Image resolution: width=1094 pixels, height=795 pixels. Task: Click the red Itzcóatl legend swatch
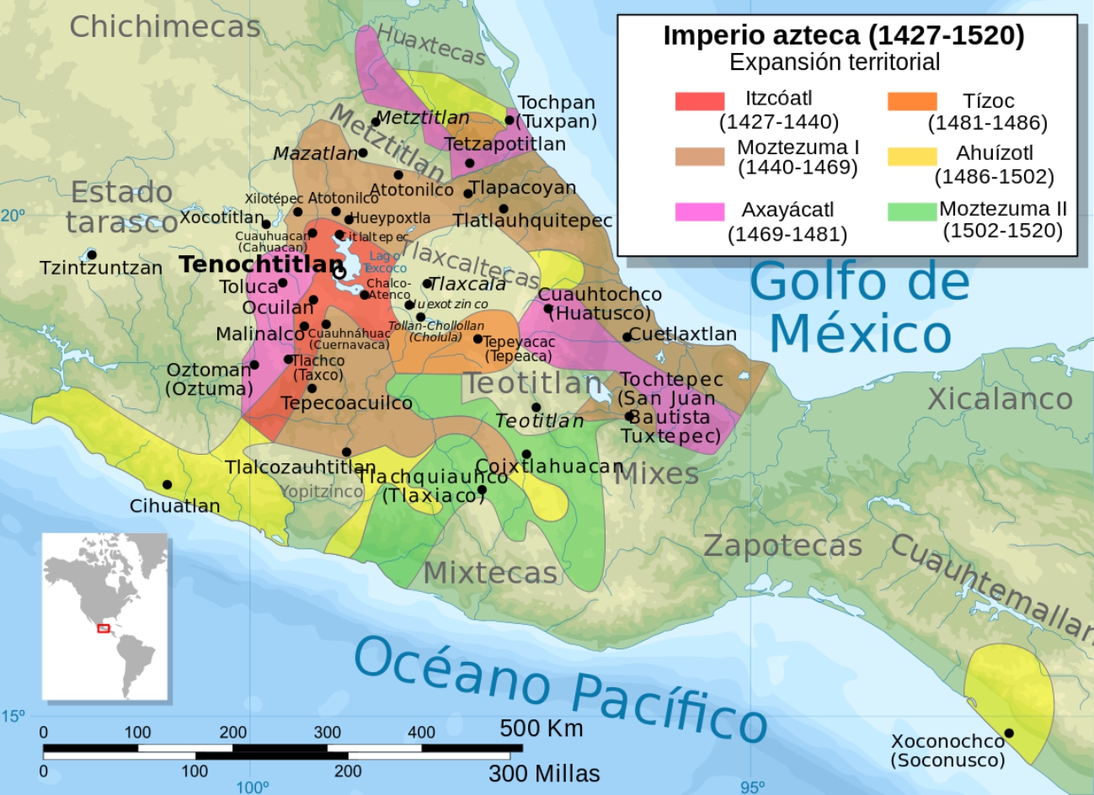(x=699, y=101)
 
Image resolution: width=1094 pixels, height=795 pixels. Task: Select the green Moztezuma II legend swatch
(x=911, y=211)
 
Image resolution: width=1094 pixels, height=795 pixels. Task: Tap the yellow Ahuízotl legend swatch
(x=911, y=156)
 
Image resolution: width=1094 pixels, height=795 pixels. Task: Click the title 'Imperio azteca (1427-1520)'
(x=843, y=35)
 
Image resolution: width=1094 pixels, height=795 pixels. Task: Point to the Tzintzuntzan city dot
(x=92, y=254)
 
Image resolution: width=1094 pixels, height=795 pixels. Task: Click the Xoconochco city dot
(x=1009, y=733)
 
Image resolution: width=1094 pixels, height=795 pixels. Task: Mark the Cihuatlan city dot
(x=167, y=484)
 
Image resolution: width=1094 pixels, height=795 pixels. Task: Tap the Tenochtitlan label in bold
(x=261, y=264)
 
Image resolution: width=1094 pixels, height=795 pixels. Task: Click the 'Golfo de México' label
(x=859, y=307)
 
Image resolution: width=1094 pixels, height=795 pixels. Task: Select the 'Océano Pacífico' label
(x=560, y=686)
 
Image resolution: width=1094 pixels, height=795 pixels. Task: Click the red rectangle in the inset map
(x=104, y=628)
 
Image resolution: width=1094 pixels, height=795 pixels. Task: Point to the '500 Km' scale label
(x=541, y=728)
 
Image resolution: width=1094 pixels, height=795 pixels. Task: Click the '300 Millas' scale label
(x=544, y=773)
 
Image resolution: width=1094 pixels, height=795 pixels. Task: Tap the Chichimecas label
(x=164, y=27)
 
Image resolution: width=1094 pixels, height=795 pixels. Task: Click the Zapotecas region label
(x=782, y=546)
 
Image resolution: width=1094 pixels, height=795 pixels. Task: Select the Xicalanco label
(x=1000, y=398)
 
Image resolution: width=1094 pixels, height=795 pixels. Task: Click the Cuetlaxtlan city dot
(x=627, y=337)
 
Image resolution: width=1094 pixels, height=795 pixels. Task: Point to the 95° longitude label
(x=752, y=787)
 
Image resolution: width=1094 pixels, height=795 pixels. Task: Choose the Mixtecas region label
(x=490, y=573)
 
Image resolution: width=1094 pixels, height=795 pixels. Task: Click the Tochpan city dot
(x=510, y=120)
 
